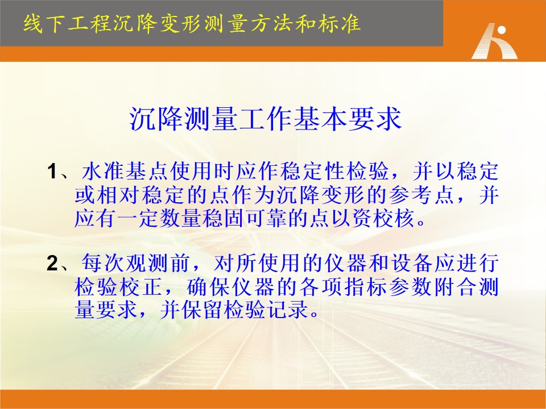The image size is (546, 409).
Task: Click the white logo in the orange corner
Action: tap(494, 41)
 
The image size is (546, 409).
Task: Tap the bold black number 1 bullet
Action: tap(52, 172)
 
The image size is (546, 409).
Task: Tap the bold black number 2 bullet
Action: tap(52, 263)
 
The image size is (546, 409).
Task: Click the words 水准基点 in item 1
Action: tap(125, 172)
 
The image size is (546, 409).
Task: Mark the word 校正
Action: tap(141, 287)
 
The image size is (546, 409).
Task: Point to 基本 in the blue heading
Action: tap(320, 119)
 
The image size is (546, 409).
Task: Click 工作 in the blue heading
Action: tap(266, 119)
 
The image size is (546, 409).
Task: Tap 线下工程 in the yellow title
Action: tap(67, 24)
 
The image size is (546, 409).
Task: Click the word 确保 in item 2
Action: tap(208, 287)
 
